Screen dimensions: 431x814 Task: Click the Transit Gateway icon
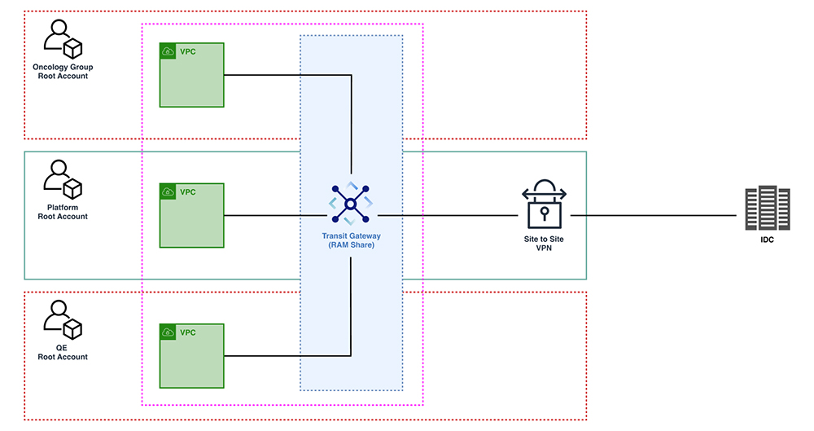[x=351, y=204]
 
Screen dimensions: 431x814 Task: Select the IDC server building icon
[x=768, y=209]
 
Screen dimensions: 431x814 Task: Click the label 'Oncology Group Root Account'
[x=63, y=71]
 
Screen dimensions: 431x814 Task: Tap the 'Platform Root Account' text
[x=63, y=212]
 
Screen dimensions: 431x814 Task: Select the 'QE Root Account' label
[x=63, y=352]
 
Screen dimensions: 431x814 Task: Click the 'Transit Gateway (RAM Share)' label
[x=351, y=240]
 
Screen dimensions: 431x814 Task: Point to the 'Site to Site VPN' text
[x=544, y=244]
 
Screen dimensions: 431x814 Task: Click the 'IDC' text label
[x=768, y=242]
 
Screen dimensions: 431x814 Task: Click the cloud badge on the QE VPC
[x=168, y=332]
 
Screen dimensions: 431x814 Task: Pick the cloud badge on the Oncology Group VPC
[x=168, y=51]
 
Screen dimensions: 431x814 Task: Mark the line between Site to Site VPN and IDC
[x=655, y=215]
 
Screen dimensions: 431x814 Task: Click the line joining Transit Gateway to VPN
[x=448, y=215]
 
